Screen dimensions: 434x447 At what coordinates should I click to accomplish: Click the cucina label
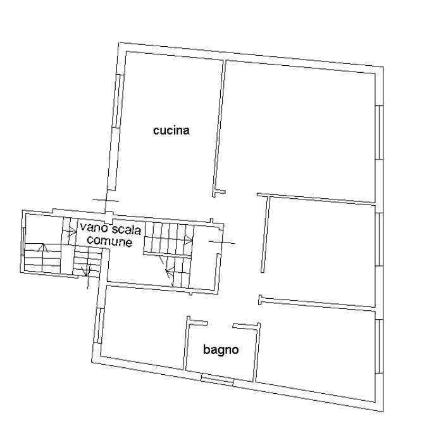pos(171,130)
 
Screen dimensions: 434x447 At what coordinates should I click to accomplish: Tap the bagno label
pos(221,349)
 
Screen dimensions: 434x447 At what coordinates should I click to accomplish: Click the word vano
pos(92,228)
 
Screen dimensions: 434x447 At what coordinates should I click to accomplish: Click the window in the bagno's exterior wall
pos(217,379)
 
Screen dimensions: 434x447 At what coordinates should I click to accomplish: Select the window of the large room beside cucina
pos(380,132)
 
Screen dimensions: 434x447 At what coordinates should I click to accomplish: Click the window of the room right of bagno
pos(380,346)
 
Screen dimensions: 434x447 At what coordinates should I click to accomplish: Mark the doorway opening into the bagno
pos(220,325)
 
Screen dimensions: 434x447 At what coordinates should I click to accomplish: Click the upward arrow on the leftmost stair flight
pos(43,247)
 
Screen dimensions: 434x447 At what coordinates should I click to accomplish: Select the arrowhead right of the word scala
pos(189,241)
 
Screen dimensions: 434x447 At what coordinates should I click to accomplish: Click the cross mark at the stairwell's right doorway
pos(222,242)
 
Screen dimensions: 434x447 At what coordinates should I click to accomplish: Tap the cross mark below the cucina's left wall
pos(106,201)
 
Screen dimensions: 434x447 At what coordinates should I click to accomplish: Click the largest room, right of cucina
pos(299,129)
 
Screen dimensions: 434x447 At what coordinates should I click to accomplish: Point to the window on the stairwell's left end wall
pos(23,241)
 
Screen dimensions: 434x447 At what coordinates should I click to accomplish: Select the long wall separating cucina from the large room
pos(219,127)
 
